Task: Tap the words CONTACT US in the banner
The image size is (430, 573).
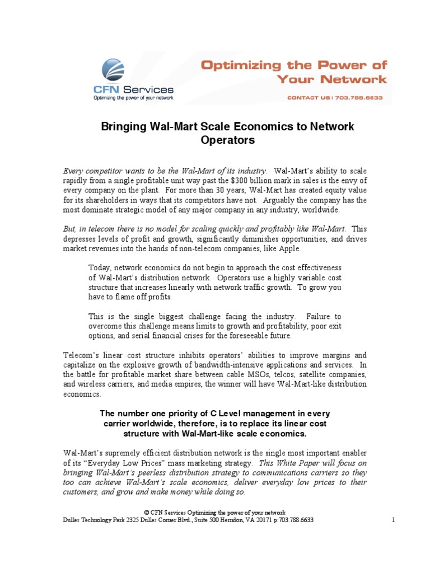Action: click(309, 97)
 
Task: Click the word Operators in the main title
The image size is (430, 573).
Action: click(227, 140)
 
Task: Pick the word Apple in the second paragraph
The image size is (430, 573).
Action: click(290, 248)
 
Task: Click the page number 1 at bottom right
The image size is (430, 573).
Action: click(394, 520)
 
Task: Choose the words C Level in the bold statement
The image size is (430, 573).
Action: click(224, 414)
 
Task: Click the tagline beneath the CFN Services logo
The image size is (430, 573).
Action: click(133, 98)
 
